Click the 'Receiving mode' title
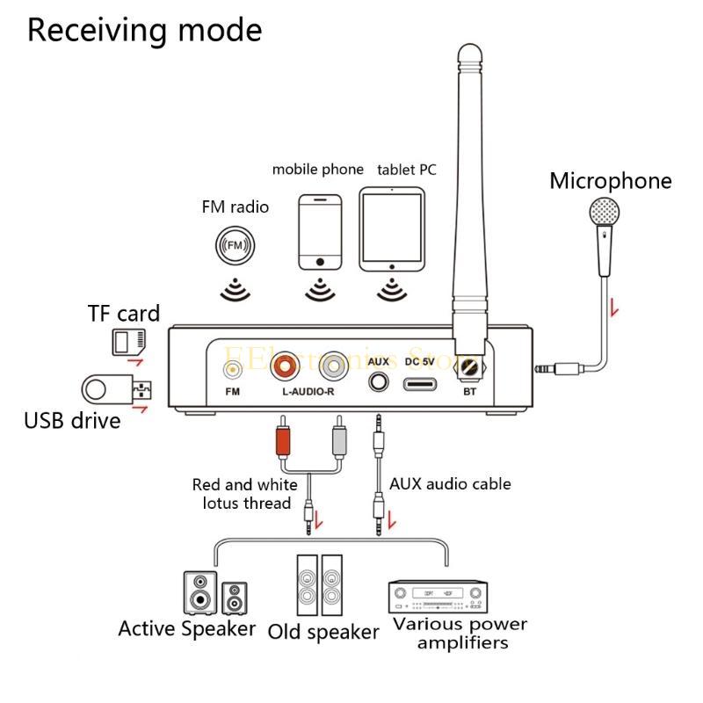click(x=145, y=30)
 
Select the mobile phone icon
click(x=319, y=232)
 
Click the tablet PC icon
click(x=391, y=231)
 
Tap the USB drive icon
click(x=116, y=388)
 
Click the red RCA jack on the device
click(x=287, y=363)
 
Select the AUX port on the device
click(x=379, y=383)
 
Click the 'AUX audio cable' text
click(x=450, y=484)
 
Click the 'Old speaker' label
click(x=323, y=632)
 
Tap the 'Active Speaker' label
click(x=187, y=629)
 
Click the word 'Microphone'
click(x=611, y=181)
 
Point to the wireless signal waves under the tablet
click(x=390, y=289)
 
